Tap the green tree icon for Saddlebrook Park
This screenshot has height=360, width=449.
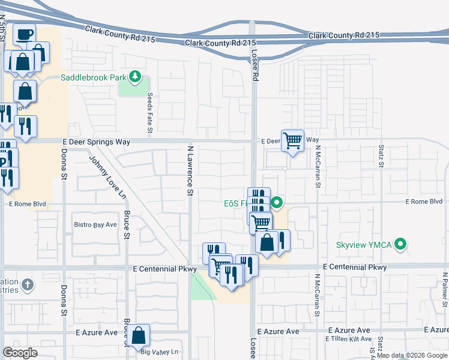pos(136,76)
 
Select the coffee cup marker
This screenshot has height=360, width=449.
pos(24,34)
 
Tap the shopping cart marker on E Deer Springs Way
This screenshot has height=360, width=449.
pos(292,141)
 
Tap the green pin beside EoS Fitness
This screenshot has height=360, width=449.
pos(277,203)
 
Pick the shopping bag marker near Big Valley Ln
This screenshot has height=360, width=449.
pos(139,335)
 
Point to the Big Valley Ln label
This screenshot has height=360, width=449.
pos(158,352)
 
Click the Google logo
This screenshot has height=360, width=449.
pos(20,353)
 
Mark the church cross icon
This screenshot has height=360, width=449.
pos(26,284)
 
